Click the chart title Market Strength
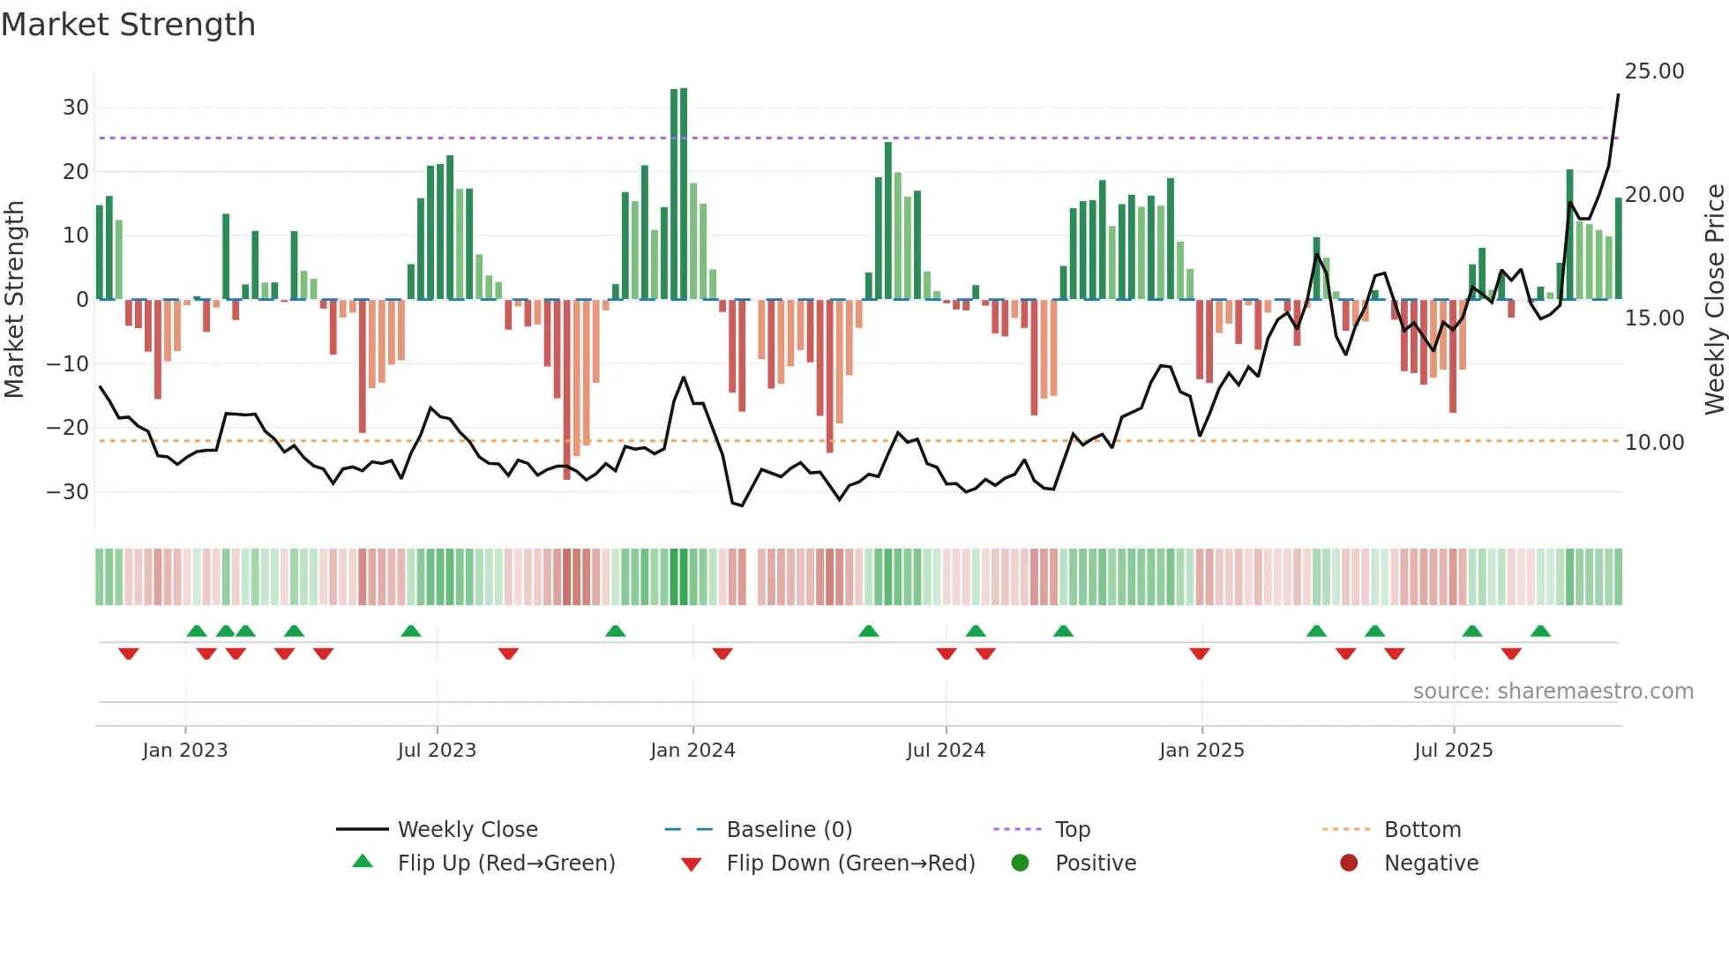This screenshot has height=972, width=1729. [128, 25]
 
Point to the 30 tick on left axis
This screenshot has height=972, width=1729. [75, 108]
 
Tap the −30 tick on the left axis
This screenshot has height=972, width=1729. [68, 491]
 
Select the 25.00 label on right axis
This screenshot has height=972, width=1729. [1654, 71]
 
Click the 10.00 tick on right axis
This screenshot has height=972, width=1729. [1654, 443]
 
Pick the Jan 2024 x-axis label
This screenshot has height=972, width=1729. [692, 751]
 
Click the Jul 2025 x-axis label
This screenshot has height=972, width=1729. [1453, 751]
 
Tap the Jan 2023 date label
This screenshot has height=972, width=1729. [185, 751]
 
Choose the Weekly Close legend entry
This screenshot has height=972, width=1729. [467, 830]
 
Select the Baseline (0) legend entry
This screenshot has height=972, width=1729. [789, 830]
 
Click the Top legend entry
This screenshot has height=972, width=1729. [1072, 830]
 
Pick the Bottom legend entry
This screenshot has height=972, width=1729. [1422, 830]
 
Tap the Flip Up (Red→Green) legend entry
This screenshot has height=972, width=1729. [505, 864]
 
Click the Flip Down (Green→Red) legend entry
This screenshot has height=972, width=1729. [850, 864]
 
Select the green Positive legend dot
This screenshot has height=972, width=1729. [1020, 864]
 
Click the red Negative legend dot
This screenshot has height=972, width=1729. [1348, 864]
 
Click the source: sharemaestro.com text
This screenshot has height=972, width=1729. [1553, 692]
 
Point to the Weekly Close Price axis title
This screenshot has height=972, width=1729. [1714, 300]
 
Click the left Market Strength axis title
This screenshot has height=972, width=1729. [15, 300]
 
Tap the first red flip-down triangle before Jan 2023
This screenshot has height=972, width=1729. [129, 654]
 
